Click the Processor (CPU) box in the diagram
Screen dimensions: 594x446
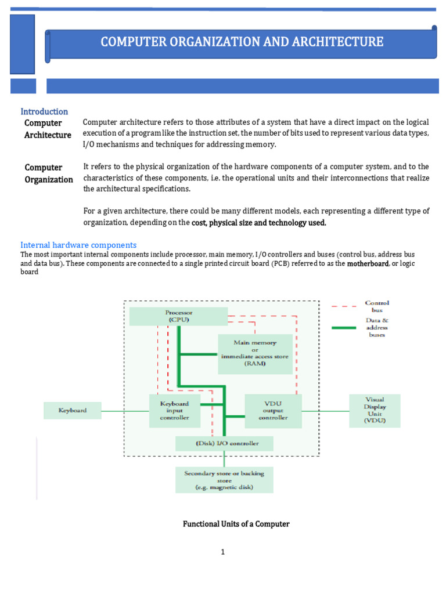coord(178,316)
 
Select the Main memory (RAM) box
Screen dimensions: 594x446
coord(255,354)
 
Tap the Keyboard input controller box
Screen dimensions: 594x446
coord(174,410)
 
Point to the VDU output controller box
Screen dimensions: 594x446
coord(273,410)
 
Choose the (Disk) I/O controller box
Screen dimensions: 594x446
coord(224,444)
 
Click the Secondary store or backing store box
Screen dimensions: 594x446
coord(224,480)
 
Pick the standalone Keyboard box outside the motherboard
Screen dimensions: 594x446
coord(73,410)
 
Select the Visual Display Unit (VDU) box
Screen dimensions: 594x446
coord(375,410)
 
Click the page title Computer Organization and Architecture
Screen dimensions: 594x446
coord(242,42)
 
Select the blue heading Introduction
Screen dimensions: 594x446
coord(44,111)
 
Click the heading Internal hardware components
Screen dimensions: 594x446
coord(78,245)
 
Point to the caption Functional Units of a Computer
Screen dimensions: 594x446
coord(236,524)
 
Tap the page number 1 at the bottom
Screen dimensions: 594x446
coord(222,552)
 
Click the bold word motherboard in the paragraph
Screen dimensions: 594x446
coord(368,264)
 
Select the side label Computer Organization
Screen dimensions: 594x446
coord(49,173)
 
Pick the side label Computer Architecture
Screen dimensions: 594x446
coord(48,129)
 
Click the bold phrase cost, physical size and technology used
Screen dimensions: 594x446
coord(259,223)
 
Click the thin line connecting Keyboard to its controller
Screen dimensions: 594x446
coord(125,411)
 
